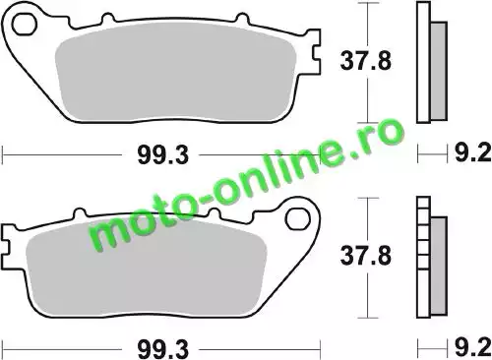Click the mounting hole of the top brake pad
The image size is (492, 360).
[x=24, y=24]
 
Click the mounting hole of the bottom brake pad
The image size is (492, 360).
[x=297, y=219]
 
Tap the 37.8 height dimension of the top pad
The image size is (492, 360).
[x=366, y=61]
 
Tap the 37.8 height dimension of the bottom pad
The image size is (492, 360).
[x=366, y=256]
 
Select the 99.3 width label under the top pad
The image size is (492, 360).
[x=163, y=154]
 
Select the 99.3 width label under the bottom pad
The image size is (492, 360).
[x=163, y=349]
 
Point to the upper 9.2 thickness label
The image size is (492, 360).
[x=472, y=152]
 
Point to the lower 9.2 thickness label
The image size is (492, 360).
[x=472, y=347]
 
